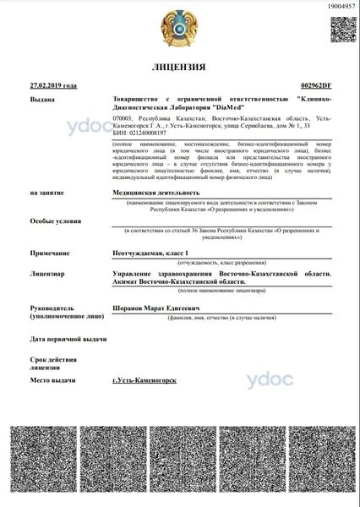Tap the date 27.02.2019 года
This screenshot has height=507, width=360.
[53, 85]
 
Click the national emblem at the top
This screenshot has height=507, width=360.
[179, 27]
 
